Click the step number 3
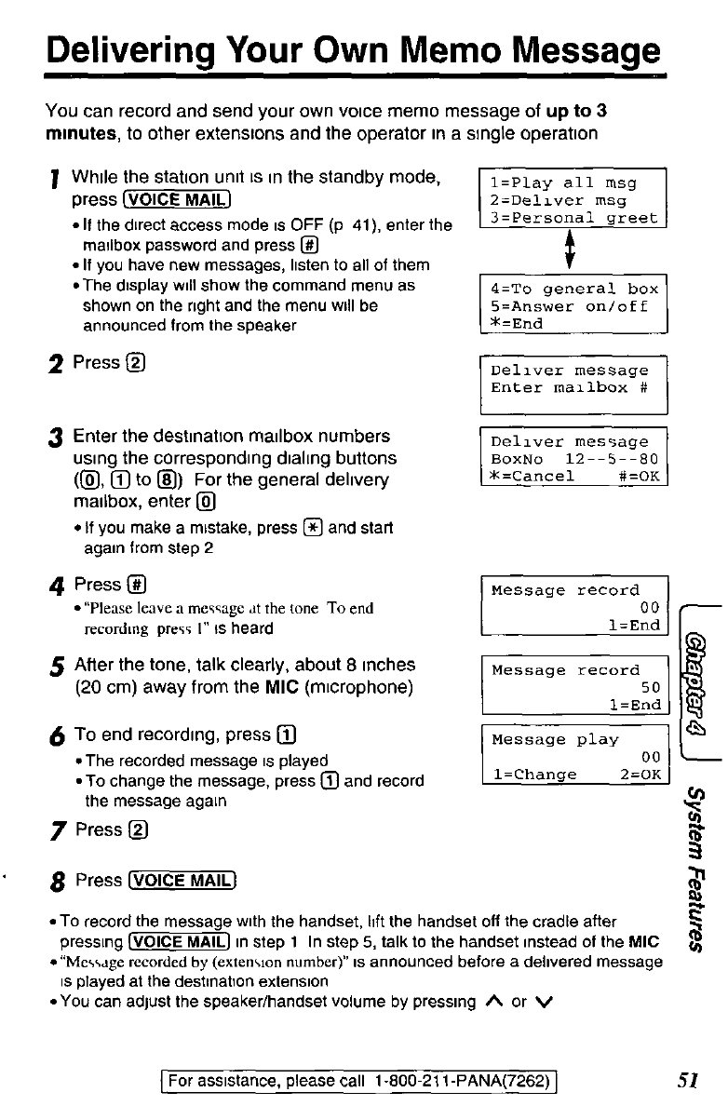click(57, 438)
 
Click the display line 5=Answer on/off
click(569, 305)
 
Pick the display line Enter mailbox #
click(569, 388)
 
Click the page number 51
click(690, 1080)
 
